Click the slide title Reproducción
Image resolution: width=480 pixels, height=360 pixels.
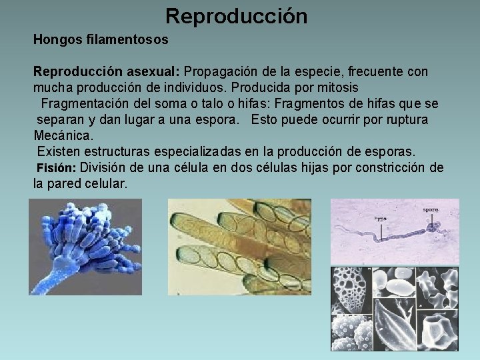(237, 15)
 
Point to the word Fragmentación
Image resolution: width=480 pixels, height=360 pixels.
(82, 104)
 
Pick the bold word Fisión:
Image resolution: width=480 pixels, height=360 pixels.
(57, 168)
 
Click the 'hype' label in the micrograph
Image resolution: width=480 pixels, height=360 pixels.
(380, 218)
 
